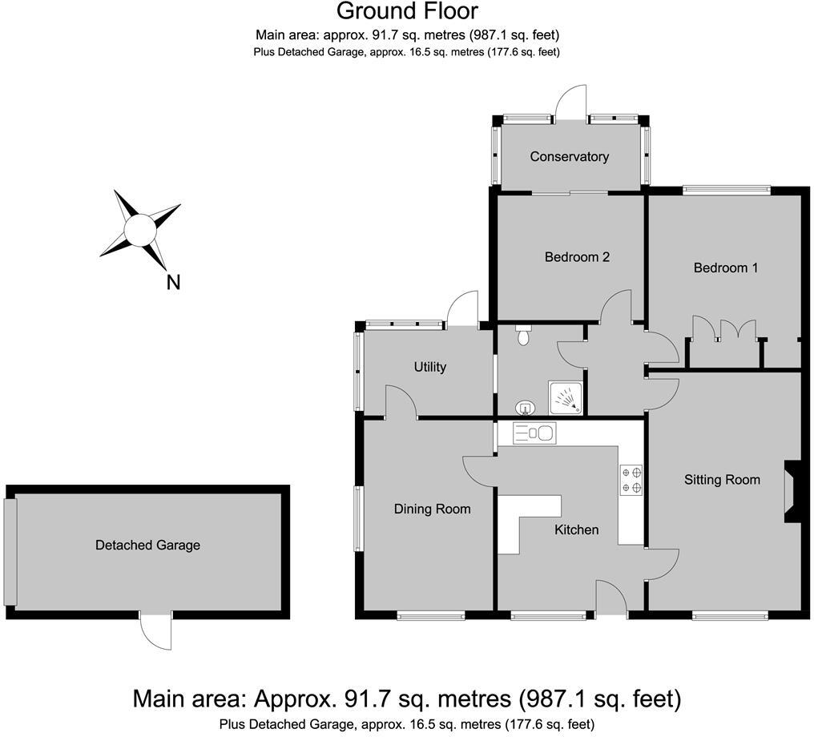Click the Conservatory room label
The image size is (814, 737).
coord(569,157)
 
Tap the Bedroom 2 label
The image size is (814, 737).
coord(577,257)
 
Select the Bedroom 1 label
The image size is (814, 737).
coord(725,268)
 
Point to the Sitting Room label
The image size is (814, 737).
coord(722,480)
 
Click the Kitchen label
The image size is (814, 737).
coord(577,530)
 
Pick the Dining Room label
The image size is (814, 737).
coord(432,509)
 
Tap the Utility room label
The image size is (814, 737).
coord(429,367)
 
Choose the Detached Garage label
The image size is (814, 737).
coord(147,545)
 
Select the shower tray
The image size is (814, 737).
coord(566,397)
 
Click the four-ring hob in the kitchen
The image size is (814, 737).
coord(631,480)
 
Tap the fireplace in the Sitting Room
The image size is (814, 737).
coord(792,491)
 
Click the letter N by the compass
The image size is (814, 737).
coord(172,282)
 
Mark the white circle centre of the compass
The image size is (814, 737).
coord(139,230)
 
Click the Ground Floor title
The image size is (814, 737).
coord(406,11)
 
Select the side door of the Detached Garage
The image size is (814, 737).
coord(155,631)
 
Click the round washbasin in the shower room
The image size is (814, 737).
coord(523,408)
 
